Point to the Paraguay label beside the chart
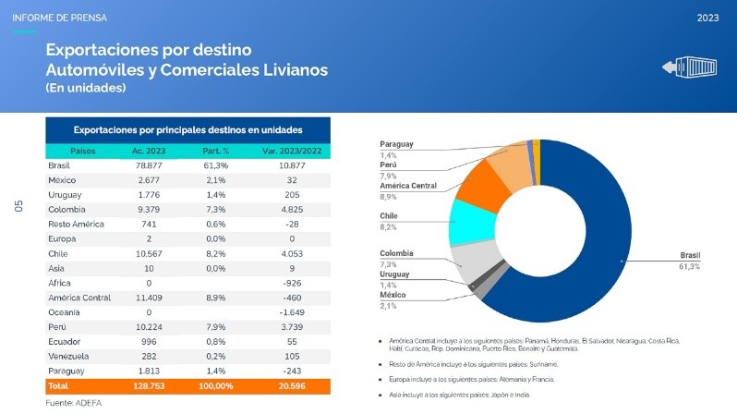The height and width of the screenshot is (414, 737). click(x=396, y=144)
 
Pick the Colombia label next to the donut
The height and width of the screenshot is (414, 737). click(x=396, y=253)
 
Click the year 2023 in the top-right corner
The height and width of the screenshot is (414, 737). click(x=708, y=18)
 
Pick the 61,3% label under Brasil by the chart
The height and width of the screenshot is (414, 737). click(x=689, y=266)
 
